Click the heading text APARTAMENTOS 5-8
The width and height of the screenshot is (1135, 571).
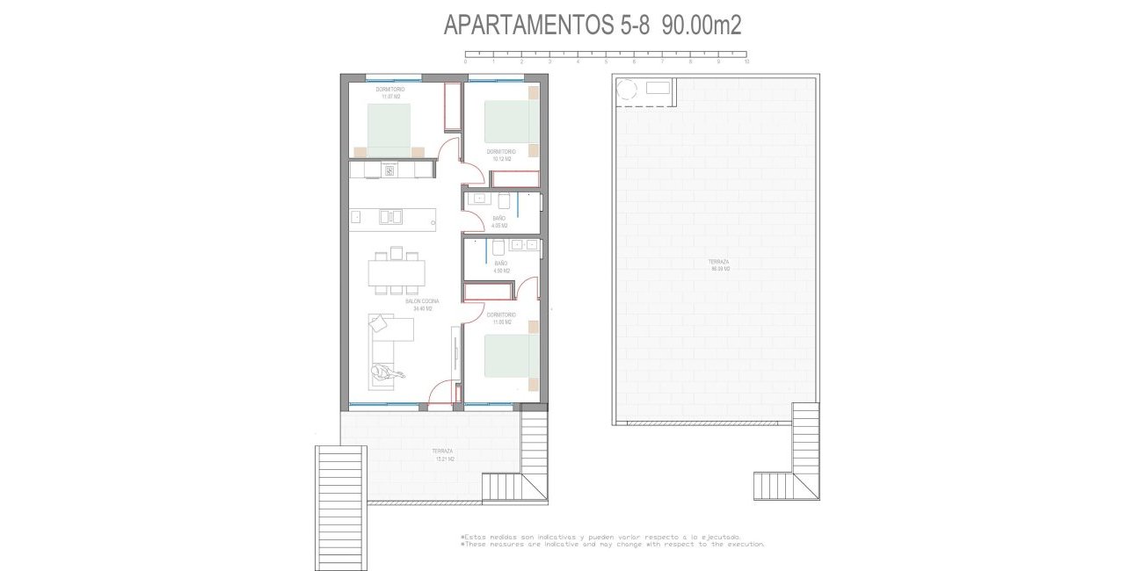[546, 25]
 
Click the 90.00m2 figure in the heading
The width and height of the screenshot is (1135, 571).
[702, 25]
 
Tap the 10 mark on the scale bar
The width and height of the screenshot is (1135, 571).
[746, 61]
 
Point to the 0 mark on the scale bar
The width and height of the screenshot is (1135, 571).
[465, 61]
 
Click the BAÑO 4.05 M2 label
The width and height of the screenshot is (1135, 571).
[499, 221]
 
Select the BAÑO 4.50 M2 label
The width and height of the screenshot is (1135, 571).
[501, 266]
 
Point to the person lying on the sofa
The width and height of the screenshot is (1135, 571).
[388, 372]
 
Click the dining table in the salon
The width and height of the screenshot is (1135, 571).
[397, 272]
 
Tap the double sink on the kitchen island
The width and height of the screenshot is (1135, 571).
[389, 215]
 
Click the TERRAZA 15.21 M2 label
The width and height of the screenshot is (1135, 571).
[442, 454]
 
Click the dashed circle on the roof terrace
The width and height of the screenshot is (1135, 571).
[628, 89]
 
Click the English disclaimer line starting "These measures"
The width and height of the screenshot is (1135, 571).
[612, 544]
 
